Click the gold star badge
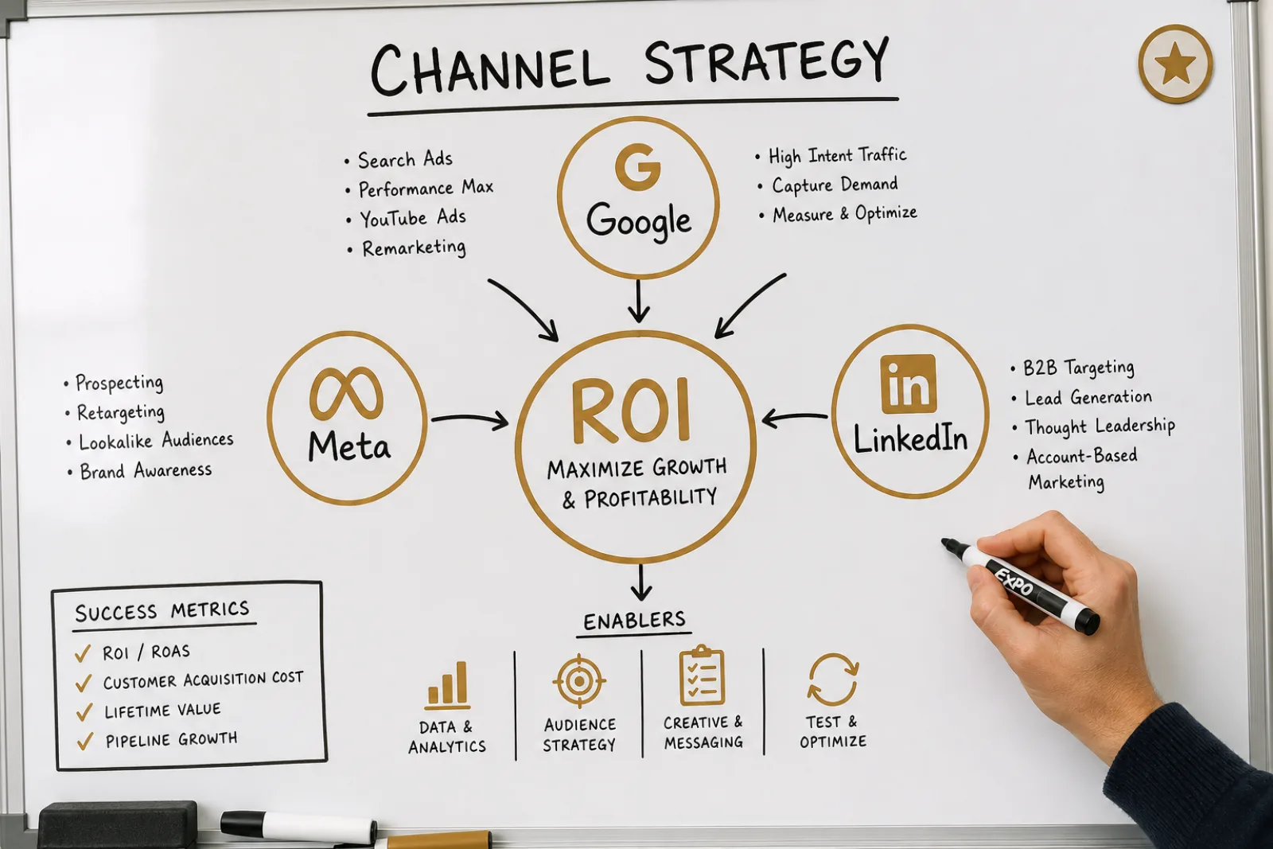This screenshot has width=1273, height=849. tap(1175, 64)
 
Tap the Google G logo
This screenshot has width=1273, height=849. tap(637, 166)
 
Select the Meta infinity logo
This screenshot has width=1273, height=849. tap(346, 393)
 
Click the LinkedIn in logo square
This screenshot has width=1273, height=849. tap(908, 384)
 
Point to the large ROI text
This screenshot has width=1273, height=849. tap(631, 410)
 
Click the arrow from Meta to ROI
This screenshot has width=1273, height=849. tap(469, 420)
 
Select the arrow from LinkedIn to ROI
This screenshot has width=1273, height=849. tap(795, 419)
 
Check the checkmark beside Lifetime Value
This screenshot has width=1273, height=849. tap(84, 712)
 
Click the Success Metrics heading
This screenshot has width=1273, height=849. tap(162, 611)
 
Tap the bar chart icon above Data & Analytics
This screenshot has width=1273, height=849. tap(448, 686)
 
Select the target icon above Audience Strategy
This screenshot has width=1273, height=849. tap(579, 681)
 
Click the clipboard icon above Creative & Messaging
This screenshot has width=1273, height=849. tap(702, 675)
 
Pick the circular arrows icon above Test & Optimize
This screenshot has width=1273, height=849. tap(833, 680)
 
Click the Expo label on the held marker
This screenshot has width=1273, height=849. tap(1014, 582)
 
